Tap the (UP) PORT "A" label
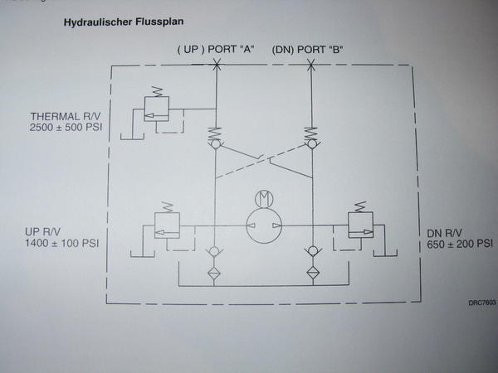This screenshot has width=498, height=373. [214, 49]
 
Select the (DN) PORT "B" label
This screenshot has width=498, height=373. [307, 49]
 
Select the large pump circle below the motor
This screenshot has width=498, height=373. [265, 225]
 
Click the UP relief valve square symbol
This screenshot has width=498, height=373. [167, 225]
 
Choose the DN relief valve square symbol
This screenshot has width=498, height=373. [360, 225]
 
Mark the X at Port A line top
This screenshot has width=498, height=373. [215, 65]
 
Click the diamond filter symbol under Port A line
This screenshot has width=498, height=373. [215, 272]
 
